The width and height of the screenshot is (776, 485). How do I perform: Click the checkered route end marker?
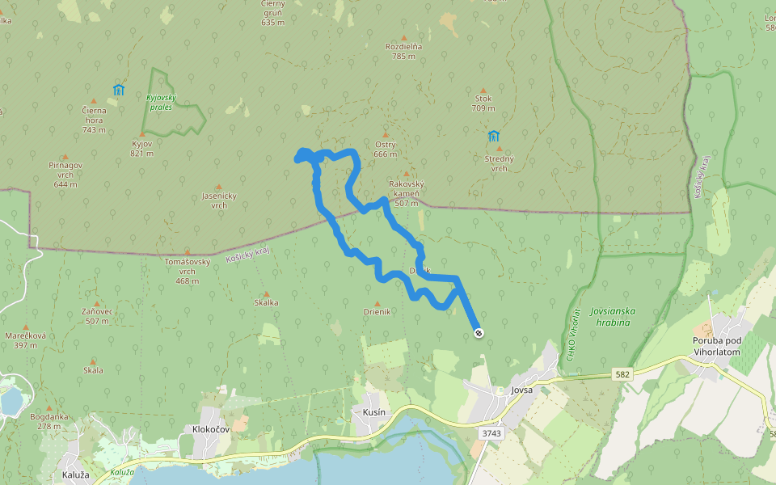(x=479, y=332)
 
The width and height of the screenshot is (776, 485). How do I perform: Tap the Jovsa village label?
(x=522, y=390)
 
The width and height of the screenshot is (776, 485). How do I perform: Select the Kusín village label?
(x=369, y=412)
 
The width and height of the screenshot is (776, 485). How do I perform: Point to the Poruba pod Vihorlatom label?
(x=722, y=346)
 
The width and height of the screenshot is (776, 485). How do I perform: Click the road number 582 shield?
(x=622, y=374)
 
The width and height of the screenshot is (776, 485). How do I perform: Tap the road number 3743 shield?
(x=491, y=433)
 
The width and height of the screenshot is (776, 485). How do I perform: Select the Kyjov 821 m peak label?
(x=142, y=148)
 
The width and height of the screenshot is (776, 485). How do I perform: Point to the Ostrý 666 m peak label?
(x=386, y=149)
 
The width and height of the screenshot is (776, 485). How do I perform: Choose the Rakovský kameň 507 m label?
(x=406, y=193)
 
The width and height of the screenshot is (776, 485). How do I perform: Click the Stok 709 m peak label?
(x=483, y=103)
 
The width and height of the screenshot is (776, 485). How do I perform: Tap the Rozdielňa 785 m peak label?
(x=404, y=51)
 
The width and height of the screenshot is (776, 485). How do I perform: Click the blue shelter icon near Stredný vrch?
(x=493, y=135)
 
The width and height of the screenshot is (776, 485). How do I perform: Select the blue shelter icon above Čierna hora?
(x=119, y=90)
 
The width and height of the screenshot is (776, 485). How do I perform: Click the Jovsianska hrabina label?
(x=613, y=316)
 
